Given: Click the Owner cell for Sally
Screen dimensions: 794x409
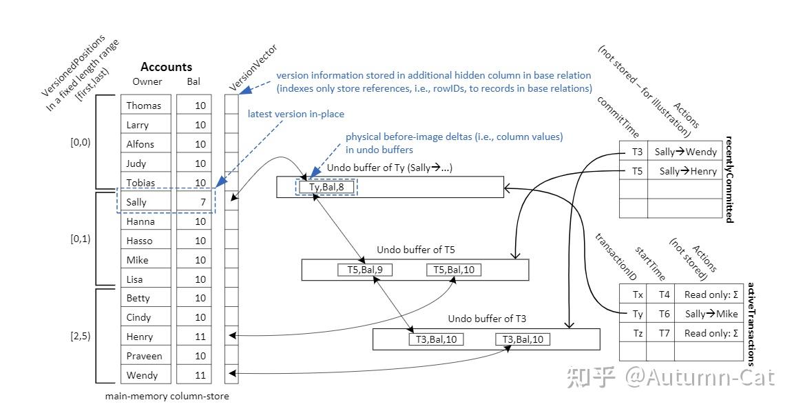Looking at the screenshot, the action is click(146, 202).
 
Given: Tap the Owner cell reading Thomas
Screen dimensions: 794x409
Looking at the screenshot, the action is click(146, 105).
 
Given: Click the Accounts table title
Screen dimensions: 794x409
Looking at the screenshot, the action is click(166, 67).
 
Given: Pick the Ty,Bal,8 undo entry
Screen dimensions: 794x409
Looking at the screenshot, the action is click(326, 187).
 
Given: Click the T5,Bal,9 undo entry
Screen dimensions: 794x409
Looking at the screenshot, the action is click(364, 270).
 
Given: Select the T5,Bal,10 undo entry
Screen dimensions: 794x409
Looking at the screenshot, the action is click(454, 270).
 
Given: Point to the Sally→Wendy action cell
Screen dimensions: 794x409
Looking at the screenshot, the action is click(685, 152).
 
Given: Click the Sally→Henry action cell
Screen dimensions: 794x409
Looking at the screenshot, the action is click(685, 171).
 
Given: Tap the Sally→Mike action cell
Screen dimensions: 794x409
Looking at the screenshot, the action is click(708, 314).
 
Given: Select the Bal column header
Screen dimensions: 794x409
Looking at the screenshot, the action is click(194, 81).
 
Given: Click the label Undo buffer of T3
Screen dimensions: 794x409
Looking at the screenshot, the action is click(487, 319).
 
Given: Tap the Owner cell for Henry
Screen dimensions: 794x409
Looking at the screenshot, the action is click(146, 337).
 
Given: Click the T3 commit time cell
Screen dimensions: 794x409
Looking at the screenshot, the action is click(634, 152).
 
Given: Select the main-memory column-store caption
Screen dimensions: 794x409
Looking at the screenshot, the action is click(167, 397).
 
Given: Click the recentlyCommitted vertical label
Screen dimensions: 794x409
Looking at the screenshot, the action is click(729, 179).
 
